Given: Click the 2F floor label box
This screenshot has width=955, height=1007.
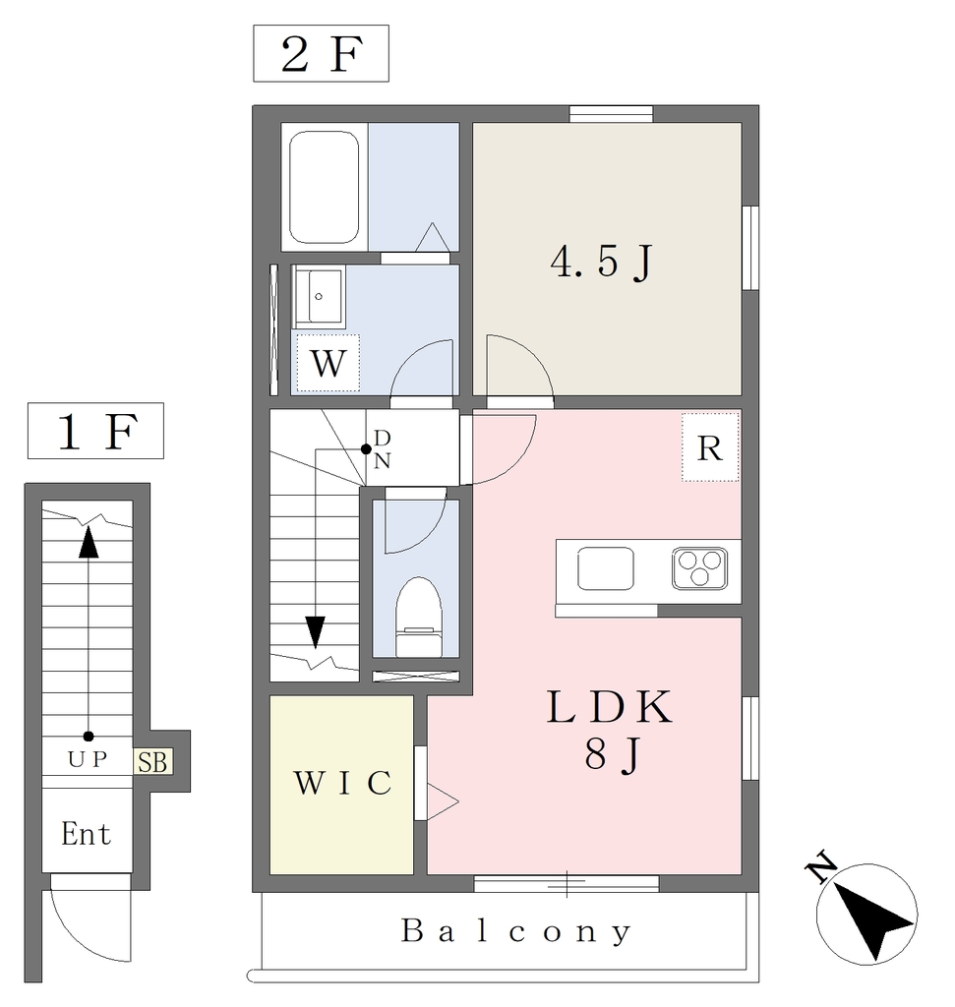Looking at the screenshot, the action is (x=321, y=53).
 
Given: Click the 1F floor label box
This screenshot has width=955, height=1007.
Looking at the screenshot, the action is (x=95, y=431).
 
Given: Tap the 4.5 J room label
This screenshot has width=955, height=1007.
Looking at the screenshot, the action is (x=602, y=262).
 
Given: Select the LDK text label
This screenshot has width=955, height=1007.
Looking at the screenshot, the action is (x=610, y=706).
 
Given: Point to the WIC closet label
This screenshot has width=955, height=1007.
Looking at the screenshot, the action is (x=342, y=783).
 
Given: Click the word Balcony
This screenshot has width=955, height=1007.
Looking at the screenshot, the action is (x=515, y=931).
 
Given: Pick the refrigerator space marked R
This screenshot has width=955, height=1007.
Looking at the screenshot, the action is (x=710, y=447).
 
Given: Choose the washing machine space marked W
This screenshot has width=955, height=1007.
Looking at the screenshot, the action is (x=328, y=363).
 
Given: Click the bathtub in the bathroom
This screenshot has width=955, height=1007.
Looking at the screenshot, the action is (x=324, y=187).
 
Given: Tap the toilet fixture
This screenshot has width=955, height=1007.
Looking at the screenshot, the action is (x=419, y=618).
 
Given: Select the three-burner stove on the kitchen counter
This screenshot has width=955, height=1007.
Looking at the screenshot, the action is (x=699, y=568).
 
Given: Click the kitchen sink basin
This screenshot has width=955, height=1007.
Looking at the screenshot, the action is (x=606, y=568).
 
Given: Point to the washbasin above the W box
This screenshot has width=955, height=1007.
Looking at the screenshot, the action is (x=320, y=296).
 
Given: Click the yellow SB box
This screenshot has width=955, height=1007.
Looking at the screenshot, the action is (x=152, y=762).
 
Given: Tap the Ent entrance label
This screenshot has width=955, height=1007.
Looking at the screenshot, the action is (x=87, y=834).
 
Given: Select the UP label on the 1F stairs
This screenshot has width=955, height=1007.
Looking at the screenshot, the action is (x=88, y=760).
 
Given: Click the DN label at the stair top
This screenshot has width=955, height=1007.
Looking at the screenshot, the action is (x=383, y=448).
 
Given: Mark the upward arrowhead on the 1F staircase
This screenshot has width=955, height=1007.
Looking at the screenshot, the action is (x=89, y=542).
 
